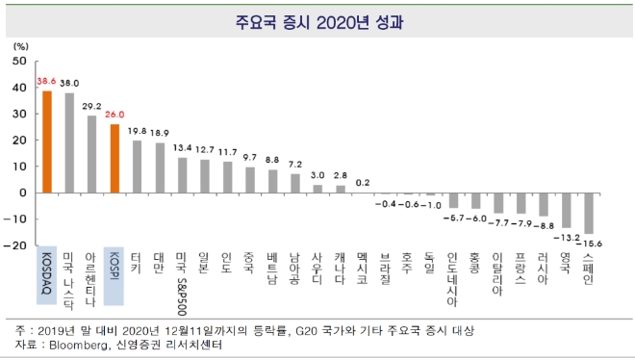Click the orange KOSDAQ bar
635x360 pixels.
click(45, 141)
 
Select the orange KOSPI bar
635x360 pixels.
click(114, 158)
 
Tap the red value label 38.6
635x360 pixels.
click(46, 82)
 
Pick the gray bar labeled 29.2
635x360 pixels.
click(91, 154)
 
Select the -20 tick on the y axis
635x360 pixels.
click(16, 245)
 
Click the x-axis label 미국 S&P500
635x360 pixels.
click(183, 280)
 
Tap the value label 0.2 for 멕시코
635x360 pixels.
click(361, 182)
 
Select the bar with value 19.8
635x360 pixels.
click(138, 167)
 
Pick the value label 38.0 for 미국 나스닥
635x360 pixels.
click(69, 84)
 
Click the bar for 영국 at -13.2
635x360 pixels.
click(565, 210)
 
